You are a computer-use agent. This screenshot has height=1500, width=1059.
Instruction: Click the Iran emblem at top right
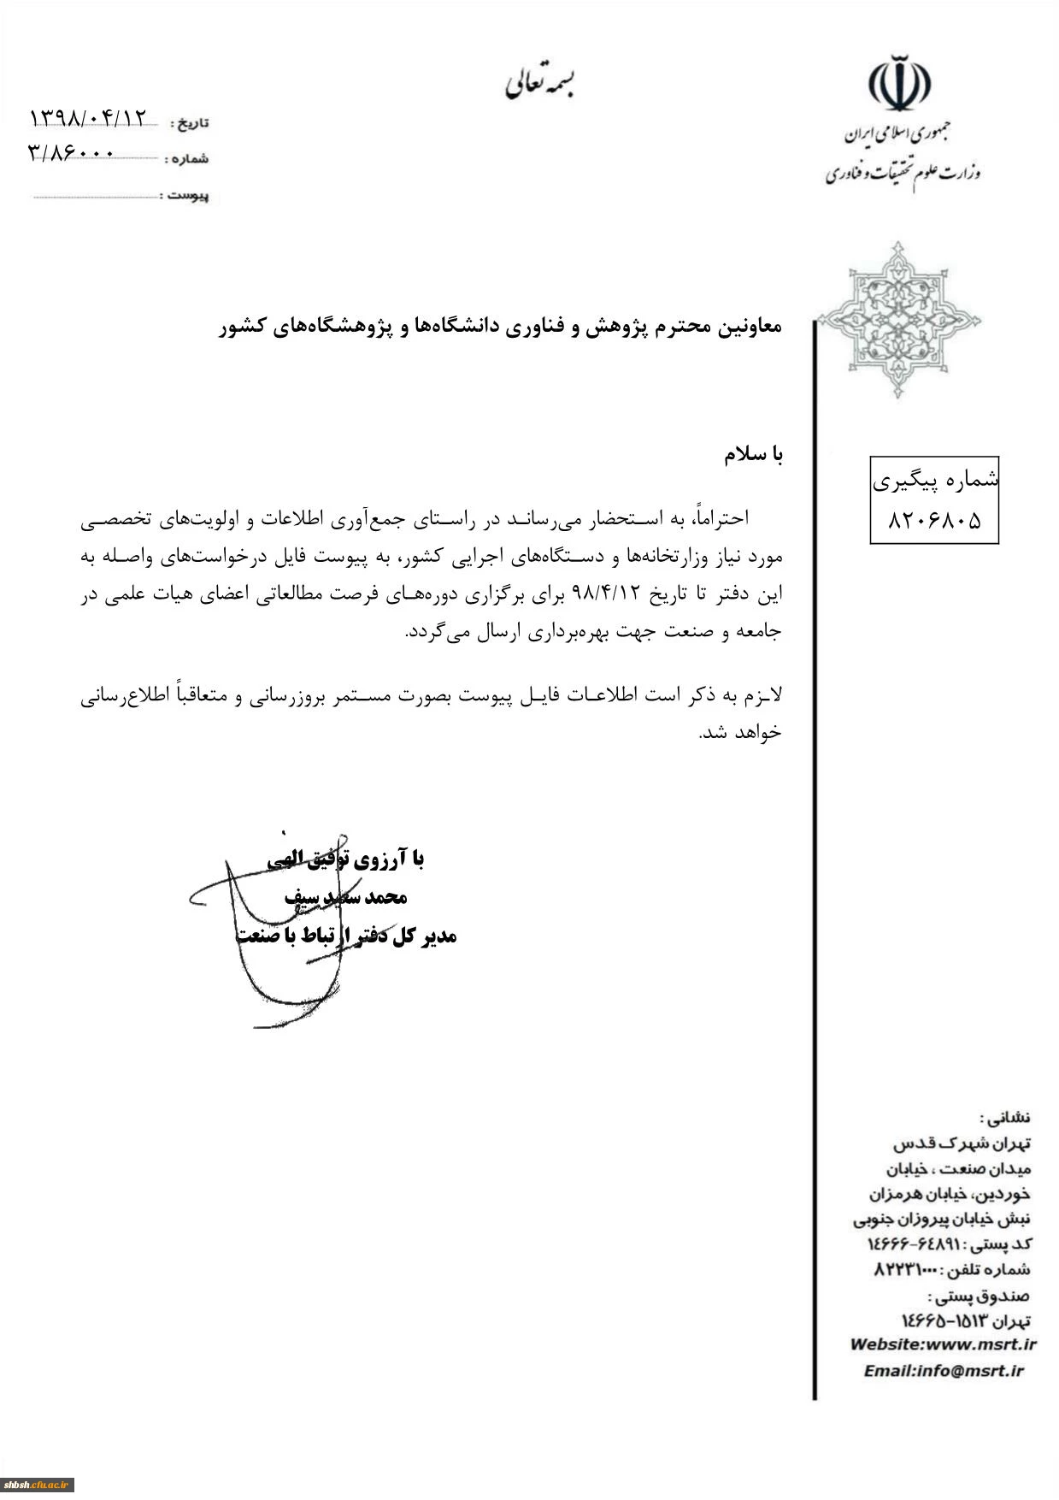coord(899,83)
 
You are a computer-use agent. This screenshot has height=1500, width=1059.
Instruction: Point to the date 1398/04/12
coord(88,117)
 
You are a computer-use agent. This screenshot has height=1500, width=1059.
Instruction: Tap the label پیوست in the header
coord(188,196)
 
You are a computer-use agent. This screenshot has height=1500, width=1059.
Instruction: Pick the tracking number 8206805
coord(934,520)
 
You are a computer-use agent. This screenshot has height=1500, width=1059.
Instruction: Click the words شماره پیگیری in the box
coord(935,481)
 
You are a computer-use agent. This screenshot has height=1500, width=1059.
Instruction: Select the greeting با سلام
coord(753,455)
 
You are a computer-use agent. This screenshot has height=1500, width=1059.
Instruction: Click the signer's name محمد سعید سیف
coord(345,897)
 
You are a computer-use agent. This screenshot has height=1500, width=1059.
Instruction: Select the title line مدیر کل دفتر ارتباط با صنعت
coord(346,936)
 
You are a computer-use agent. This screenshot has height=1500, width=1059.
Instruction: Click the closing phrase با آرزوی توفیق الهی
coord(345,859)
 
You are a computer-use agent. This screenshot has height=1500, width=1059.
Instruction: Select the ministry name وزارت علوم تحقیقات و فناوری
coord(903,174)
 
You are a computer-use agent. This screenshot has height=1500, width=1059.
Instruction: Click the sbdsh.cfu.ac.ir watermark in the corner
coord(38,1485)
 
